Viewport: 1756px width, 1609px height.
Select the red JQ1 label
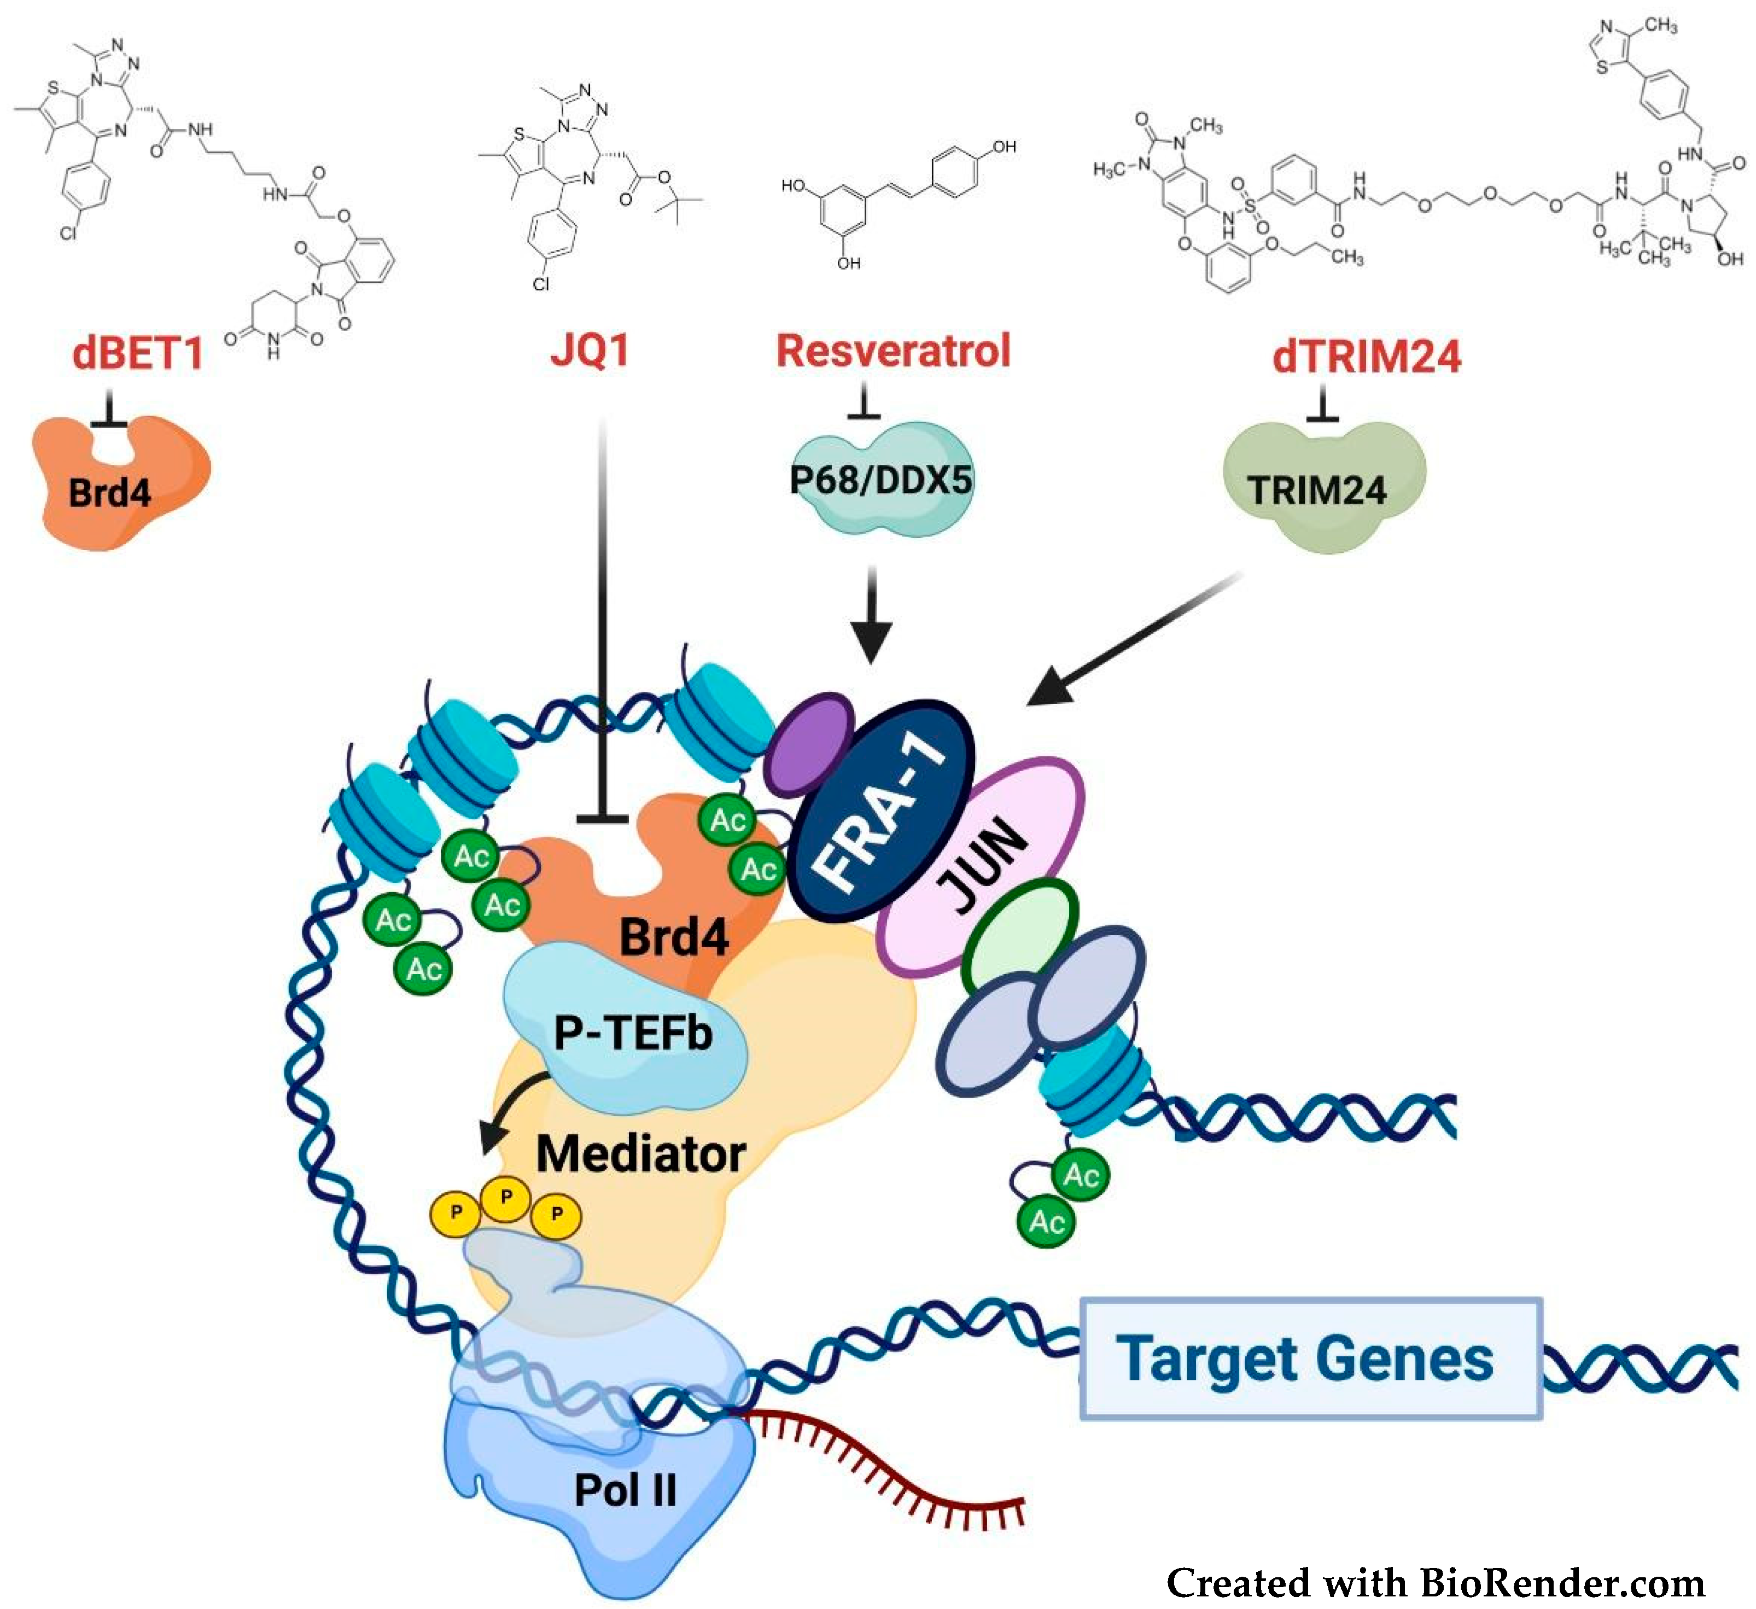590,350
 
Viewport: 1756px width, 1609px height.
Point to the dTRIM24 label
1366,356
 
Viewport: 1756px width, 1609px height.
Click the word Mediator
640,1155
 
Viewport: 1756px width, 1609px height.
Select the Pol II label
626,1490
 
